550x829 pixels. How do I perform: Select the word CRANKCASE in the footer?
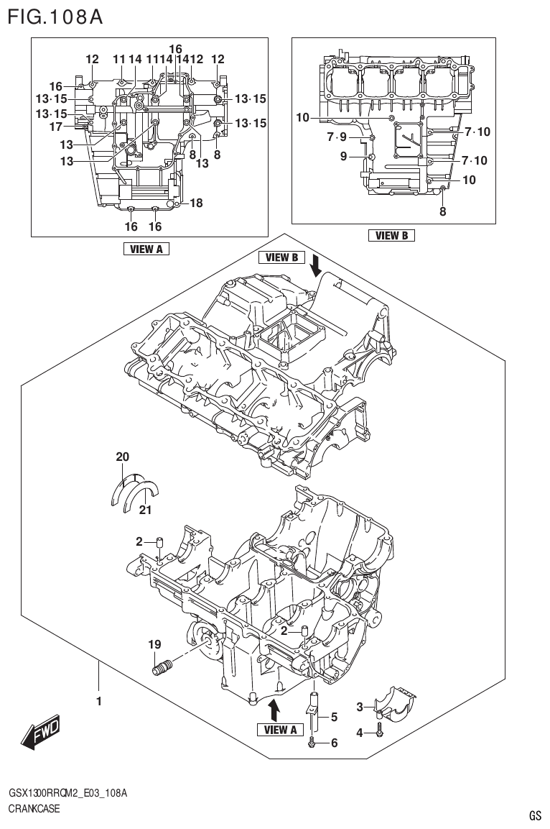(34, 809)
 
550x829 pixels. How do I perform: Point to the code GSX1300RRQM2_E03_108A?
(67, 793)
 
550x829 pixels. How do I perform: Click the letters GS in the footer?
(535, 815)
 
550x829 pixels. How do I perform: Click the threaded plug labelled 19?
(160, 667)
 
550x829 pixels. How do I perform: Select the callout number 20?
(123, 457)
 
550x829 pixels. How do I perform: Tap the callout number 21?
(146, 510)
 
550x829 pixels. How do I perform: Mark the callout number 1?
(99, 700)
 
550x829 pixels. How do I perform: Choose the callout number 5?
(334, 717)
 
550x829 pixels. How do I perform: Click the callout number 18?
(195, 203)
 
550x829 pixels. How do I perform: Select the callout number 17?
(56, 127)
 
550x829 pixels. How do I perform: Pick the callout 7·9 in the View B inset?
(337, 137)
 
